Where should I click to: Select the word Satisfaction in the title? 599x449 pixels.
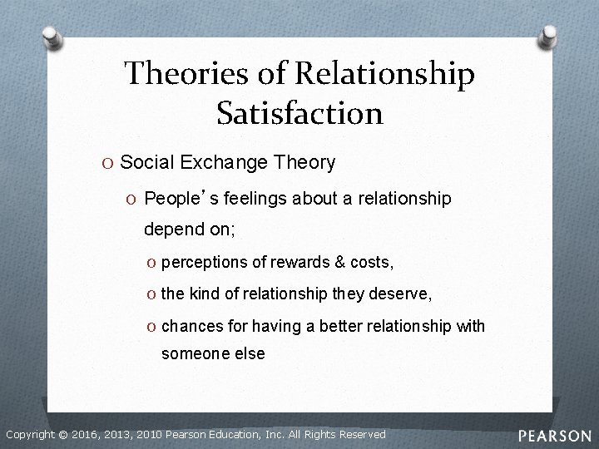[299, 111]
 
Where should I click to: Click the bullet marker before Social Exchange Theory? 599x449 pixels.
[110, 162]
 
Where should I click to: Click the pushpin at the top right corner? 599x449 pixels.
[550, 34]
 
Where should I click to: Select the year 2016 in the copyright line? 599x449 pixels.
[87, 434]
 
